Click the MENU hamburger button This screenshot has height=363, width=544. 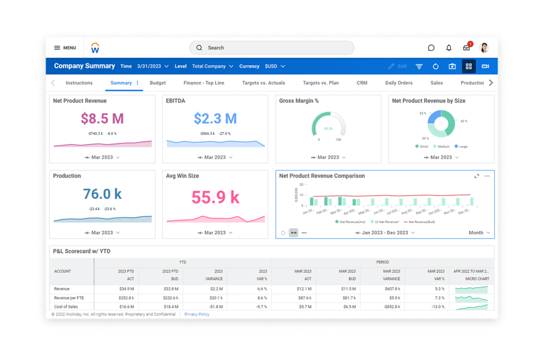click(x=65, y=48)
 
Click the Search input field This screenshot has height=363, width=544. click(x=272, y=48)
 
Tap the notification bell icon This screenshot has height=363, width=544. click(x=449, y=48)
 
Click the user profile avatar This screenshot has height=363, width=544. click(x=484, y=48)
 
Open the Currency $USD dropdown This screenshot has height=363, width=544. click(x=275, y=67)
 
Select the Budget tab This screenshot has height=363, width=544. click(x=158, y=83)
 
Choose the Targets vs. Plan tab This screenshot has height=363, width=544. click(x=321, y=83)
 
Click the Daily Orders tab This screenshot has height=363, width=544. click(x=399, y=83)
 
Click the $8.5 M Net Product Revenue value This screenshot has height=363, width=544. click(x=102, y=118)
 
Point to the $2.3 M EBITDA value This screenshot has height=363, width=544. click(x=215, y=118)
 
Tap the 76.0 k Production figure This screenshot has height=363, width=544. click(x=102, y=194)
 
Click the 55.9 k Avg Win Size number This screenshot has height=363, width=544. click(x=215, y=197)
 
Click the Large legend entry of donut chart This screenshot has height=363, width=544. click(x=461, y=147)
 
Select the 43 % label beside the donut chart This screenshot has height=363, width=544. click(x=464, y=121)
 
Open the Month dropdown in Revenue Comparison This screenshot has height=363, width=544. click(x=479, y=233)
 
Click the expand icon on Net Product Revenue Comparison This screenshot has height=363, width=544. click(x=477, y=176)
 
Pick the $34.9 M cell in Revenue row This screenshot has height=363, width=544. click(x=126, y=289)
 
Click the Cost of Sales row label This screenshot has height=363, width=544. click(x=66, y=306)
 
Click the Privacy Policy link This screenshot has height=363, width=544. click(x=197, y=314)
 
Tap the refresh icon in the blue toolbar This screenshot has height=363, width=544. click(x=436, y=67)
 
